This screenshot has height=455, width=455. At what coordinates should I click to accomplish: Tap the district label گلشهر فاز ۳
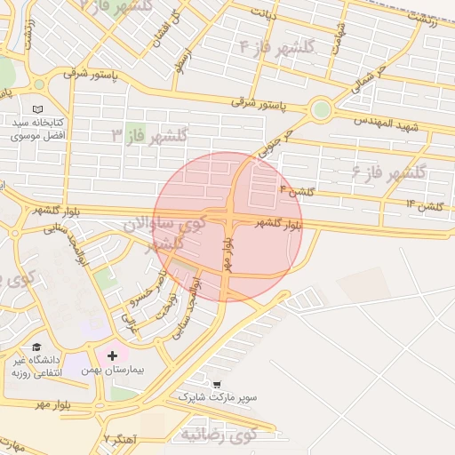tap(149, 135)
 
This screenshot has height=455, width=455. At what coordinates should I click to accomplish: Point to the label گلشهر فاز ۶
tap(389, 170)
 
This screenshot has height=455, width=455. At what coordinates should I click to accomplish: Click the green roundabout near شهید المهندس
tap(321, 110)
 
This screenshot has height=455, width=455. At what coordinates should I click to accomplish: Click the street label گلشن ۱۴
tap(424, 205)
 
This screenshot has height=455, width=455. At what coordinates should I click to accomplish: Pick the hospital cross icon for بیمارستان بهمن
tap(112, 355)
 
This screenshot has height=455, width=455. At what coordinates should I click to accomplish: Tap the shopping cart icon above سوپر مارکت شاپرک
tap(217, 384)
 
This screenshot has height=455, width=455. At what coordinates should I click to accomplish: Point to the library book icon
tap(36, 108)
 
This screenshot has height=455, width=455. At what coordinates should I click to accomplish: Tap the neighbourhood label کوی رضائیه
tap(218, 435)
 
